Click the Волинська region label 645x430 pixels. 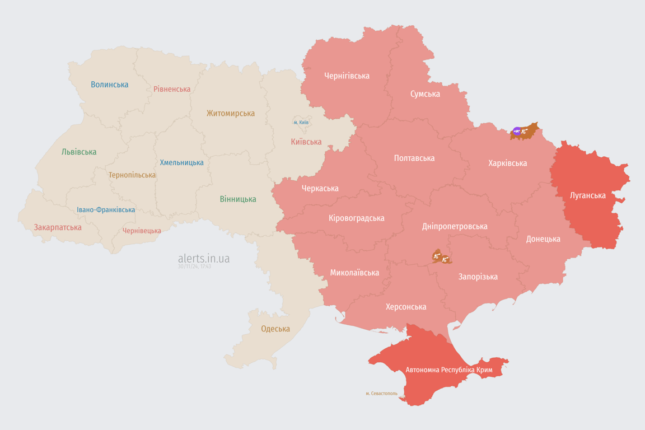point(109,85)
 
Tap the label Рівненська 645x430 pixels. point(172,89)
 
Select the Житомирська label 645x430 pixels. point(230,113)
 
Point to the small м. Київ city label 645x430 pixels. point(301,122)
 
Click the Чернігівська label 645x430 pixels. point(347,76)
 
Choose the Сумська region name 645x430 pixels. point(425,94)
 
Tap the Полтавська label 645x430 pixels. point(414,158)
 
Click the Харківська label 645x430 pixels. point(507,163)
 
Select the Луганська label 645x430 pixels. point(587,195)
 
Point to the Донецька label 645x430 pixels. point(543,239)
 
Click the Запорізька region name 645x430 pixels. point(478,277)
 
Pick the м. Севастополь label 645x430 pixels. point(381,394)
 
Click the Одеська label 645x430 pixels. point(275,329)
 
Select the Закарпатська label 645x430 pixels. point(58,227)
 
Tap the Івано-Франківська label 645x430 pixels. point(106,210)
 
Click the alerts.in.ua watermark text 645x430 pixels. point(203,258)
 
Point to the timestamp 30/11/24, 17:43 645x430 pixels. point(194,267)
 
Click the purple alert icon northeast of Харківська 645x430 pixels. point(517,132)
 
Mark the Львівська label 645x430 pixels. point(79,152)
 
